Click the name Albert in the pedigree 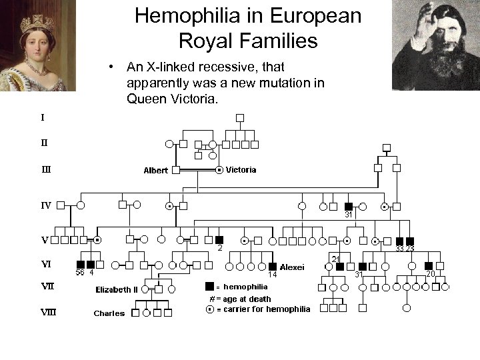point(155,171)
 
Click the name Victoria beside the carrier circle point(241,169)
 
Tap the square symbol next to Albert point(176,170)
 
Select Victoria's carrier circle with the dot point(219,170)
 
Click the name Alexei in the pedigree point(292,267)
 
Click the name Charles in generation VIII point(109,313)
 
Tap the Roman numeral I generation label point(43,117)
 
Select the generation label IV point(46,205)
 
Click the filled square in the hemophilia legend point(210,287)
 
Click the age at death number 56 point(79,271)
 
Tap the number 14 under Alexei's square point(272,274)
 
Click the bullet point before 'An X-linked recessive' point(115,67)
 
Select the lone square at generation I point(240,117)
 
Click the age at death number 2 point(219,248)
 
